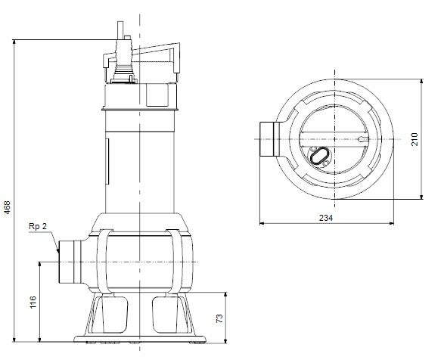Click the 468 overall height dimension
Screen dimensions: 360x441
[x=8, y=206]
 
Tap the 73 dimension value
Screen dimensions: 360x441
[x=220, y=318]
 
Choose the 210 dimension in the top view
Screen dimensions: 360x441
[x=415, y=140]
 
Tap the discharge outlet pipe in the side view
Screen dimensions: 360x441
[x=73, y=261]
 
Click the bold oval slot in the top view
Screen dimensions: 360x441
[x=319, y=157]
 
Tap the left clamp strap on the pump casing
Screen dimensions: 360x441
[x=103, y=261]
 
